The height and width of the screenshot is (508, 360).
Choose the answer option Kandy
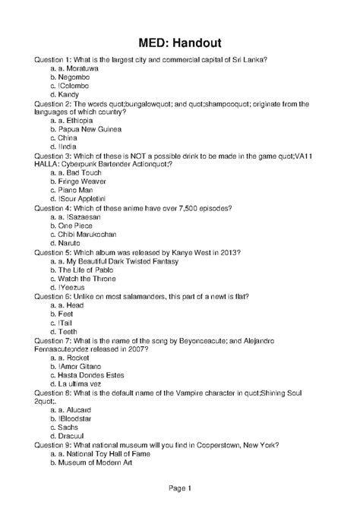[x=68, y=95]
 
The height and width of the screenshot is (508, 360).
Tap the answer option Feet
[x=67, y=312]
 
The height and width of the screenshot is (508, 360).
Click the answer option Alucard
[x=77, y=408]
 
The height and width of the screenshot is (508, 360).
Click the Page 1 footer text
[x=179, y=487]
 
